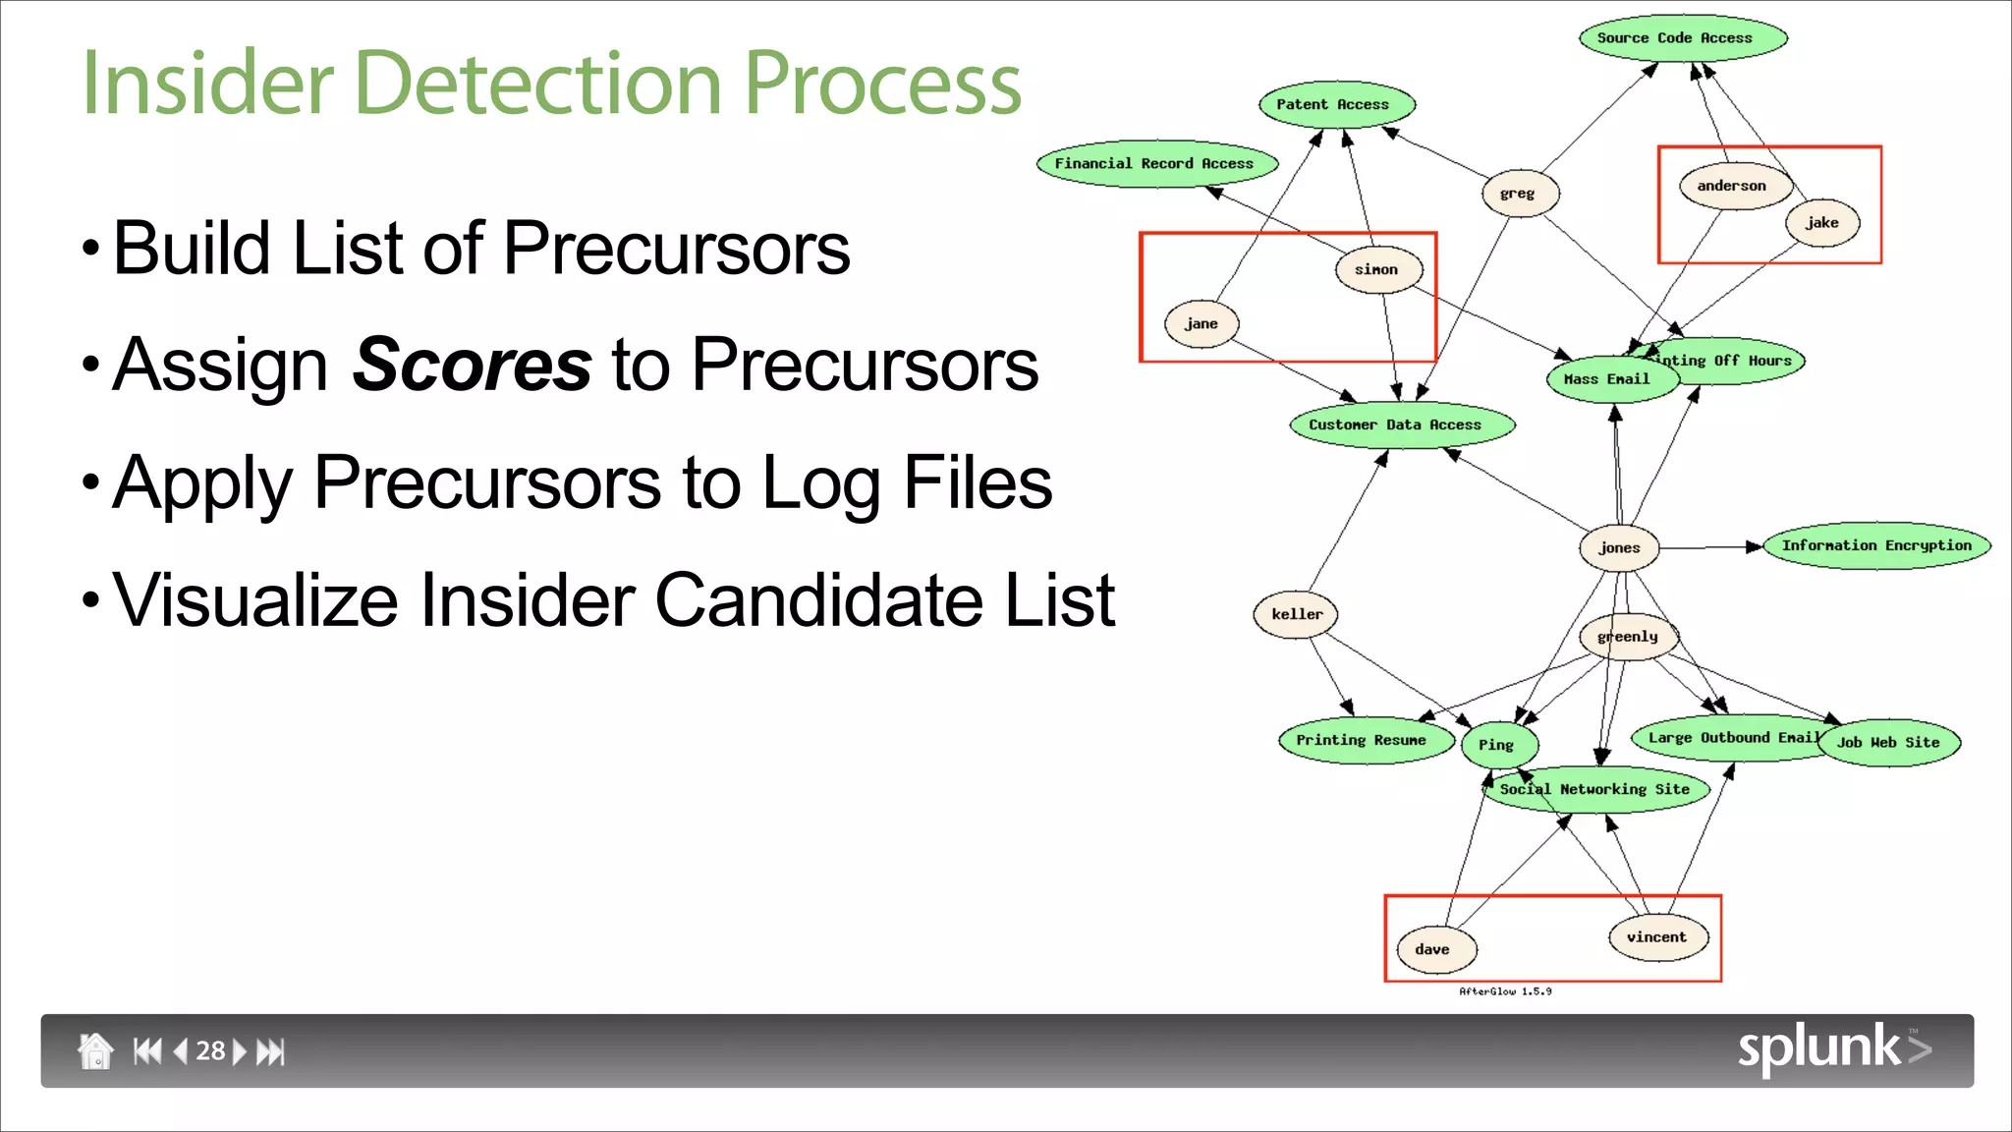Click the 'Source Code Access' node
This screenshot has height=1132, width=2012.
(1683, 38)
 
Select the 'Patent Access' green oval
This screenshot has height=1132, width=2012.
(1337, 104)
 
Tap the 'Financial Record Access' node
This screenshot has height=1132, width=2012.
(1157, 164)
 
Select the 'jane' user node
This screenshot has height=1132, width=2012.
(1202, 324)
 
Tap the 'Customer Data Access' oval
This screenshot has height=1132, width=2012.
(1401, 424)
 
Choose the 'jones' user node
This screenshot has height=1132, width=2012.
(1619, 548)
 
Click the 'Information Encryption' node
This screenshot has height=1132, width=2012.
(1876, 545)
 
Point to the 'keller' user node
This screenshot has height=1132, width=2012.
(1296, 615)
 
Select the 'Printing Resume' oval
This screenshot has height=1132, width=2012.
(1364, 740)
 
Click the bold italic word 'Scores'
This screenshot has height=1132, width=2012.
(472, 365)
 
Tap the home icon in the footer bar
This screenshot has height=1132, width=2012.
(95, 1050)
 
